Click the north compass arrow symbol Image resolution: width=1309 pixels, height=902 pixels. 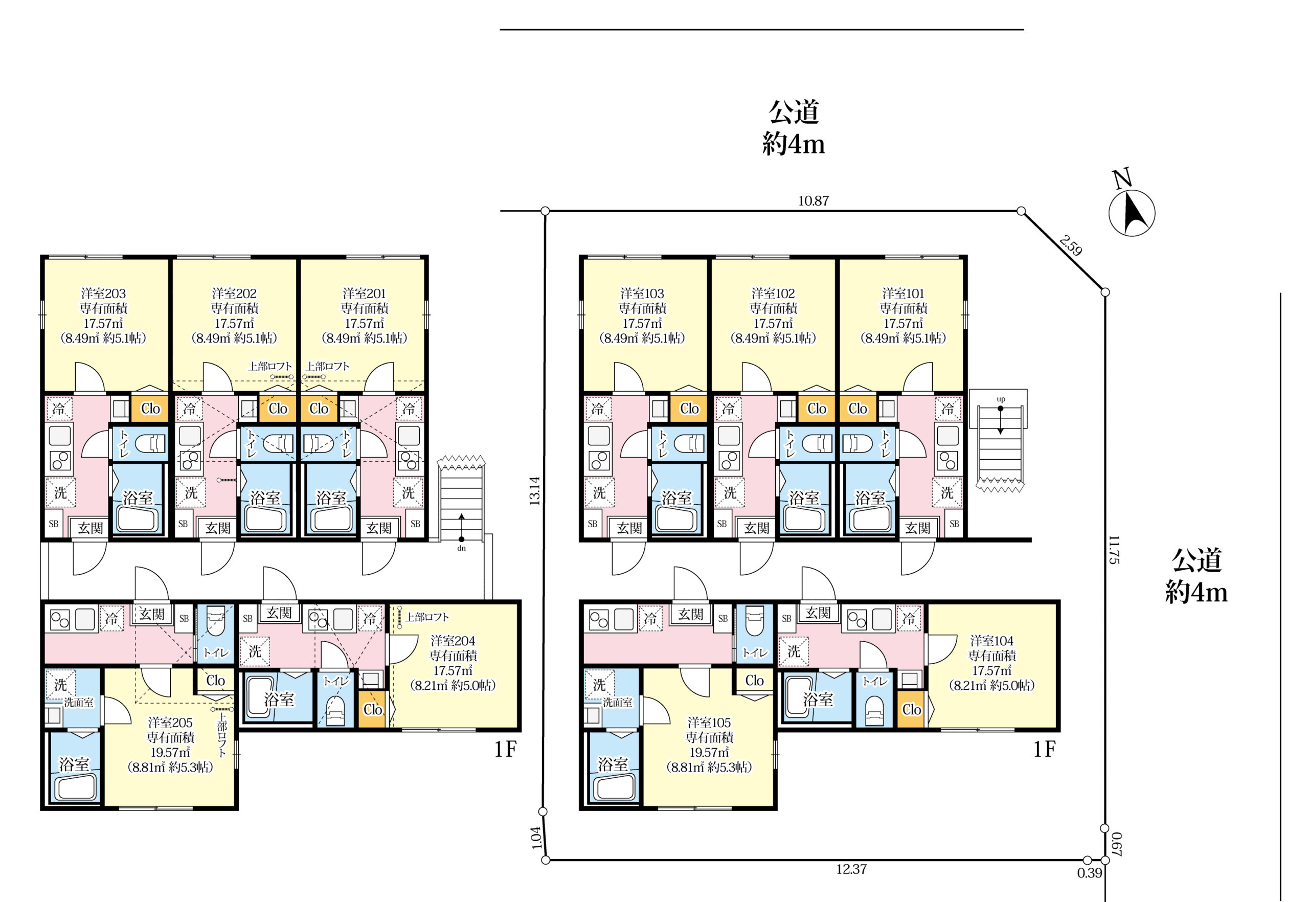(1132, 213)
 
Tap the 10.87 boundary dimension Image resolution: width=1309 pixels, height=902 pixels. (814, 200)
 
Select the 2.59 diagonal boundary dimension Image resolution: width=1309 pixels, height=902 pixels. (1071, 246)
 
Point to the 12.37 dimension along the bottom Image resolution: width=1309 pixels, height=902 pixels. (851, 869)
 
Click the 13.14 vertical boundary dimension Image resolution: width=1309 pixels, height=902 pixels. (535, 490)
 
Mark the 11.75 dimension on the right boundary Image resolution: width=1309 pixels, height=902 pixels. (1114, 550)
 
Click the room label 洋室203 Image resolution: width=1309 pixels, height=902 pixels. (103, 294)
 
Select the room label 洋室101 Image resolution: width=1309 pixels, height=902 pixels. (903, 294)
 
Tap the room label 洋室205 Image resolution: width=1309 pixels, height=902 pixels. (170, 723)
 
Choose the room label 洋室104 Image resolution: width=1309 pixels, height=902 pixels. (992, 640)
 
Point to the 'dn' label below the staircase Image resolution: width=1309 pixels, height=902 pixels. (461, 548)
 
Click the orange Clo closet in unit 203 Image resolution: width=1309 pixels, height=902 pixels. (150, 408)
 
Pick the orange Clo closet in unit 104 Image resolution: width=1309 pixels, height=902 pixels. (911, 709)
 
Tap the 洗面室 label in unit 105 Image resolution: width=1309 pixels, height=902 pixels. (617, 703)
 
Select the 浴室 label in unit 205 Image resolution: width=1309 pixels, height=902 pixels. (74, 764)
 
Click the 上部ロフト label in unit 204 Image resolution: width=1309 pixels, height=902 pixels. (427, 617)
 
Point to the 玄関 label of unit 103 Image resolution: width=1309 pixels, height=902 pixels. (629, 528)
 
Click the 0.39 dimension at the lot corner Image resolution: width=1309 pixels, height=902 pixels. (1089, 873)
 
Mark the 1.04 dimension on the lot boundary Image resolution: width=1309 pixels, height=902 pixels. (536, 838)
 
